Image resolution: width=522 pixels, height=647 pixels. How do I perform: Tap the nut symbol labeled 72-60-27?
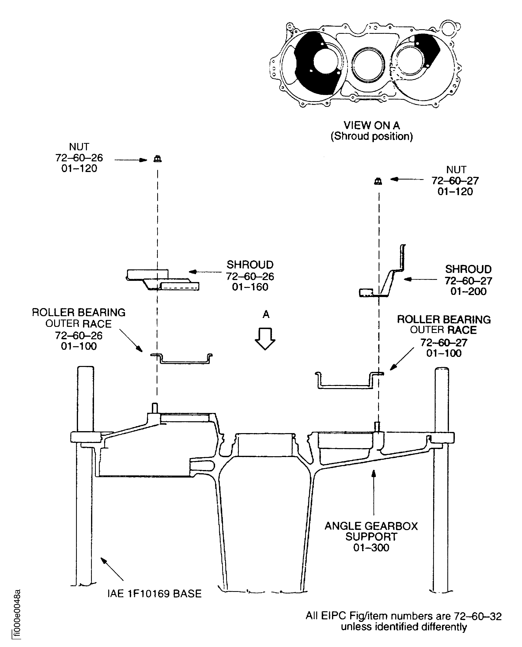pos(378,181)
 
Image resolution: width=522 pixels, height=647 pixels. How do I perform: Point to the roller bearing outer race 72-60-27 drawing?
pos(349,381)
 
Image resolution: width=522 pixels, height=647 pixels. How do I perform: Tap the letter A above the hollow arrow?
pos(266,314)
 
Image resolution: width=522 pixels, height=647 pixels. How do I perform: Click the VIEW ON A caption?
pos(372,125)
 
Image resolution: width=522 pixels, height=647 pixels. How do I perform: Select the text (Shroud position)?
pos(372,136)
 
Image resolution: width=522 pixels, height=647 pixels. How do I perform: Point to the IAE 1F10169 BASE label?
pos(155,594)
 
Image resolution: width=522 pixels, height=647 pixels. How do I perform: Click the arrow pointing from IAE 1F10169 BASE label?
pos(112,569)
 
